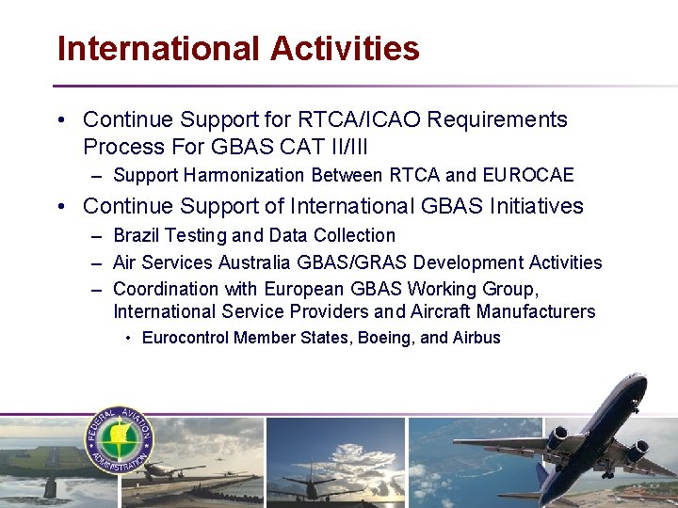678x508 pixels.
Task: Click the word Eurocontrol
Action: click(186, 338)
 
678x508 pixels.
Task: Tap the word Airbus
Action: click(476, 338)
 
